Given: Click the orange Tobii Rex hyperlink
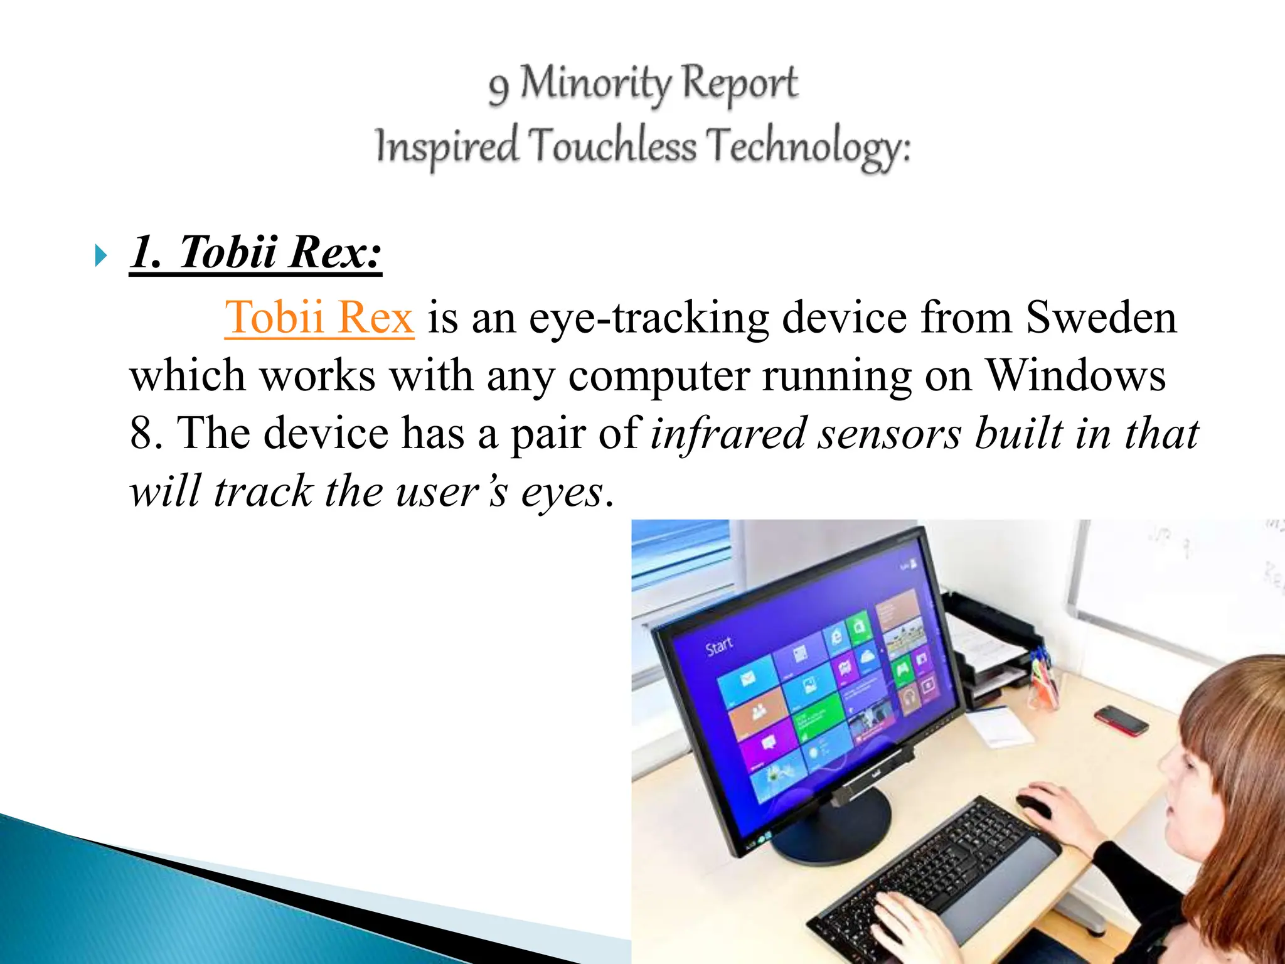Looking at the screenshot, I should pos(319,318).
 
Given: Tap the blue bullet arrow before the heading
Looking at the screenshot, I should pos(100,255).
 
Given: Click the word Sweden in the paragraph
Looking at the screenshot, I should pos(1101,318).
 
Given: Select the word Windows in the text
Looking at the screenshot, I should pos(1075,375).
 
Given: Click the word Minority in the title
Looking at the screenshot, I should pos(595,84).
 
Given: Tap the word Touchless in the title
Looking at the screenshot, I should pos(612,146).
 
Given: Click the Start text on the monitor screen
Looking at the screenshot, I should pos(719,645).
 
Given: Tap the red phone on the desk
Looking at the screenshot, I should pos(1121,720).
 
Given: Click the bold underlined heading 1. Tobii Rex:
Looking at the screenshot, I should pos(255,252).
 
